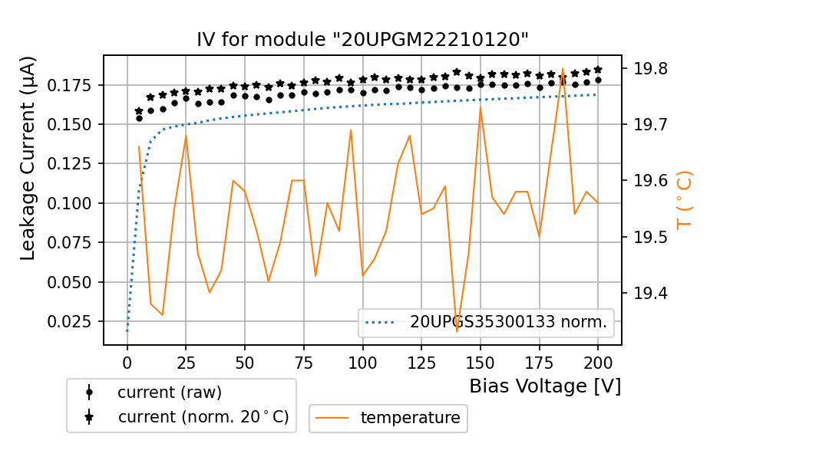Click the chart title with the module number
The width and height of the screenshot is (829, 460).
pos(362,39)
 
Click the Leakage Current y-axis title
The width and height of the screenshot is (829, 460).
pos(28,158)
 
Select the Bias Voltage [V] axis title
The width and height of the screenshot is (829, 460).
pos(545,386)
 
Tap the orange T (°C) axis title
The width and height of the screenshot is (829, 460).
pos(684,201)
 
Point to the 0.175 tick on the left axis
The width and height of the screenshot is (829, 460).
pos(71,84)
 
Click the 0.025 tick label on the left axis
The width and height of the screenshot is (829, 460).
pos(71,321)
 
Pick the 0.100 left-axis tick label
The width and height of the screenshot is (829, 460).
pos(71,203)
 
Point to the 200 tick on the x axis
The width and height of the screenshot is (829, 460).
pos(598,360)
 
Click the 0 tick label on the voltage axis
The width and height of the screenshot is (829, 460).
pos(127,360)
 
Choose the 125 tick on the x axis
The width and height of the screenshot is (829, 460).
pos(421,360)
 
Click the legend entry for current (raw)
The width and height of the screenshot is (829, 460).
pos(169,393)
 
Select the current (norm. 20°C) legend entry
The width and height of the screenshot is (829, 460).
pos(203,417)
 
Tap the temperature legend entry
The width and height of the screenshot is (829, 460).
pos(410,418)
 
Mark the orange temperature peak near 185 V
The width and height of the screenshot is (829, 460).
pos(563,69)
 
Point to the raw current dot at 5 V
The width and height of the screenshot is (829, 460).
pos(139,118)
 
